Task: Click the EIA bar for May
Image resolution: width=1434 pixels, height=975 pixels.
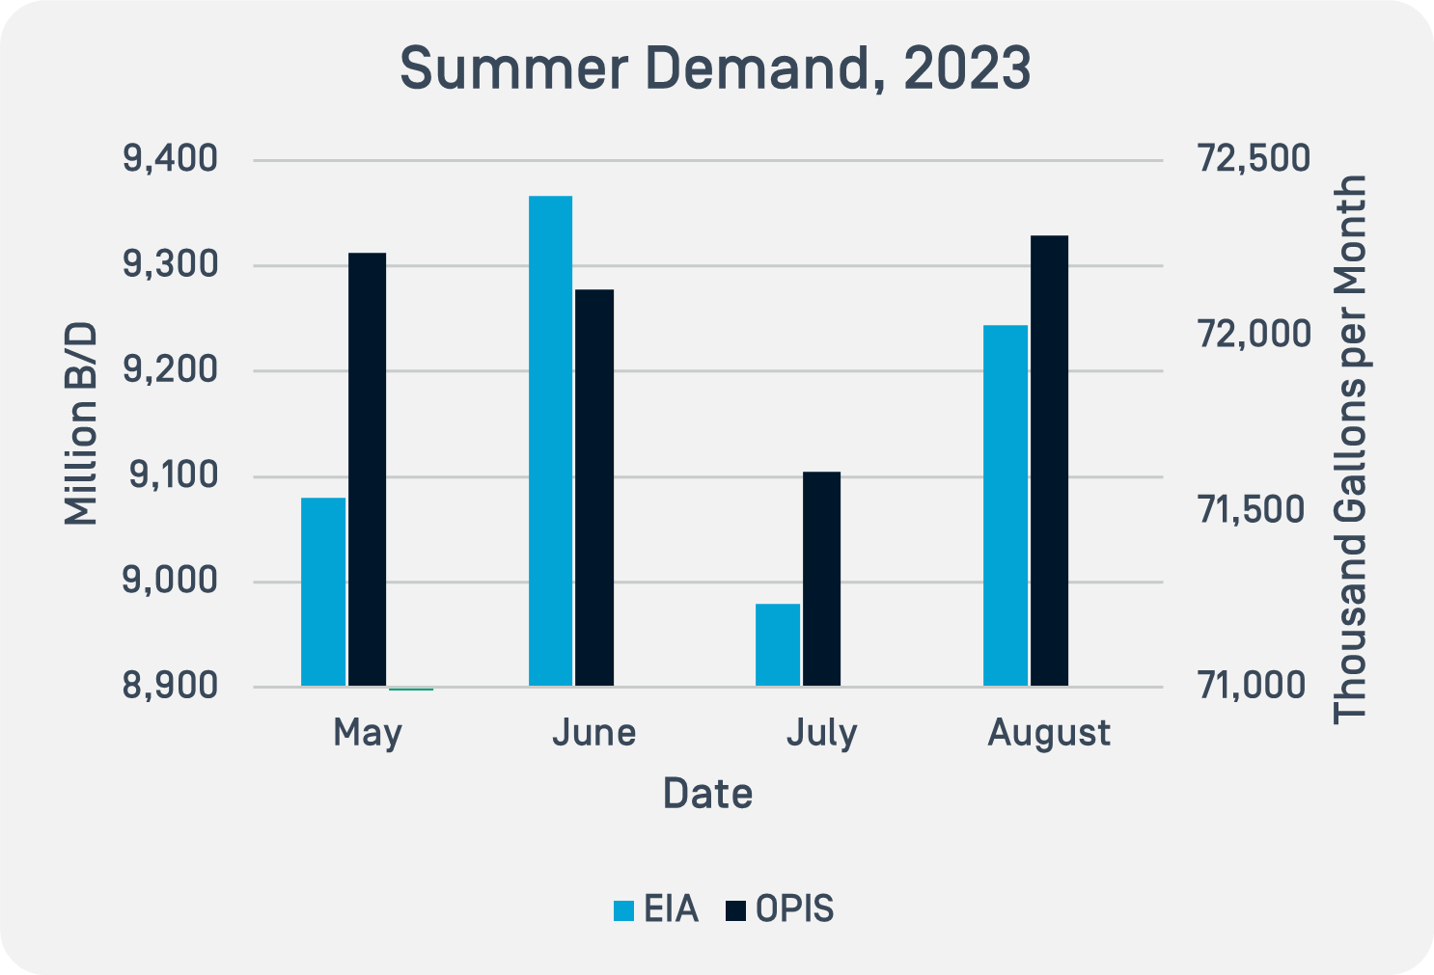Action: [323, 591]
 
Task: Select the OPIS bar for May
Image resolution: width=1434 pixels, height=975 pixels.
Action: [367, 469]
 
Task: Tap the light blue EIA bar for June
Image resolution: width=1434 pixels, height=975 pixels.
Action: [550, 441]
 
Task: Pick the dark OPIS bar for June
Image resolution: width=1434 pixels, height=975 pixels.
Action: [594, 487]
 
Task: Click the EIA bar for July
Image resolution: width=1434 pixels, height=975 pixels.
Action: [778, 644]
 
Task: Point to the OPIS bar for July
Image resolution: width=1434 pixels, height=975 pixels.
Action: [821, 579]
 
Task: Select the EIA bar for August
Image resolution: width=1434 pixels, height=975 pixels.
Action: [1006, 505]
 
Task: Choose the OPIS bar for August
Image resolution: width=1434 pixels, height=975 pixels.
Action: [1049, 460]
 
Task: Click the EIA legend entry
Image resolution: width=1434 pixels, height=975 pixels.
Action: [656, 909]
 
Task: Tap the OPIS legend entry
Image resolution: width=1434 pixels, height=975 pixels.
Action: [780, 909]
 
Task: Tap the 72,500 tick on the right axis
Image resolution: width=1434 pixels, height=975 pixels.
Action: [1254, 159]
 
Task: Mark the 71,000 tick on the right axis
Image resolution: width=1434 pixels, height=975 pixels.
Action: [1254, 686]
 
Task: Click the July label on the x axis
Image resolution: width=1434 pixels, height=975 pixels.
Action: [821, 733]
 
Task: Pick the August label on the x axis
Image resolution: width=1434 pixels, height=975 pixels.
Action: [1049, 733]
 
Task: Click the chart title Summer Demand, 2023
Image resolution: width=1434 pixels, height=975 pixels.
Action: [715, 68]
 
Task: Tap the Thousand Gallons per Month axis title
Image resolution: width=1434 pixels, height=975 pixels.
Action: [1350, 448]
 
